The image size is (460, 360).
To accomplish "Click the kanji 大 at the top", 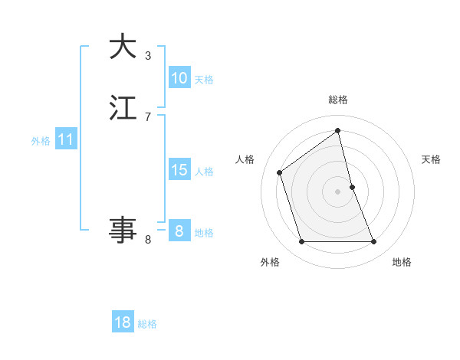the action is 123,47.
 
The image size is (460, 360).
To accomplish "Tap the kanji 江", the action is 123,108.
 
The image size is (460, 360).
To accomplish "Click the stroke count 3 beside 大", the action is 148,55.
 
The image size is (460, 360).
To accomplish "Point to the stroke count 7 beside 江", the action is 148,116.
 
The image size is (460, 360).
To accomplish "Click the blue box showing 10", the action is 179,78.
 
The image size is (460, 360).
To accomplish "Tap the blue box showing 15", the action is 179,170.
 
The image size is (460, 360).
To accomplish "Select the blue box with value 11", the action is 66,140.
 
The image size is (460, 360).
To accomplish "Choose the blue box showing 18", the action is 123,322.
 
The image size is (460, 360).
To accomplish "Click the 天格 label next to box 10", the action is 204,79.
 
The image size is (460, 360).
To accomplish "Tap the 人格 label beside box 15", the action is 204,171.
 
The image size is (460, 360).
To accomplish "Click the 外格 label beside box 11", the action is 41,141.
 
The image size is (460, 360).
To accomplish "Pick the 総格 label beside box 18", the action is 147,323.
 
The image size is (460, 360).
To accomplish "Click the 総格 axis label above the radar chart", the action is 337,100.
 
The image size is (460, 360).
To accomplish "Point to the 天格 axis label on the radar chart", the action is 431,159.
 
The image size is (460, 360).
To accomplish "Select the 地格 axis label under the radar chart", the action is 402,262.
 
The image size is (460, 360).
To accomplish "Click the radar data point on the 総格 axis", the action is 337,131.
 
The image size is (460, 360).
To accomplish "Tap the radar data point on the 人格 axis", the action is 280,172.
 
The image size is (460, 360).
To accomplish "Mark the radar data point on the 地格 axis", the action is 374,242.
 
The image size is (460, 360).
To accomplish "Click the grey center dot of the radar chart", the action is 337,191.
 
